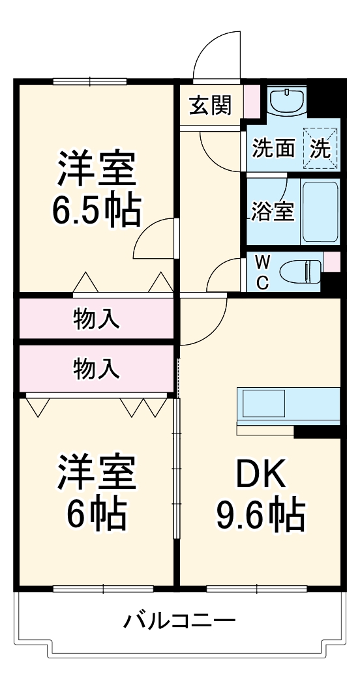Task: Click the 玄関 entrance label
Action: coord(210,106)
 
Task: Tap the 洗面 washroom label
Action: coord(273,148)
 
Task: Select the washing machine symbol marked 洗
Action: coord(320,148)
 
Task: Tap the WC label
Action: coord(262,271)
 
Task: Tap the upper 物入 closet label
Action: coord(96,319)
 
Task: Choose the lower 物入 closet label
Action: coord(96,369)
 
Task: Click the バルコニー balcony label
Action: coord(179,620)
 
